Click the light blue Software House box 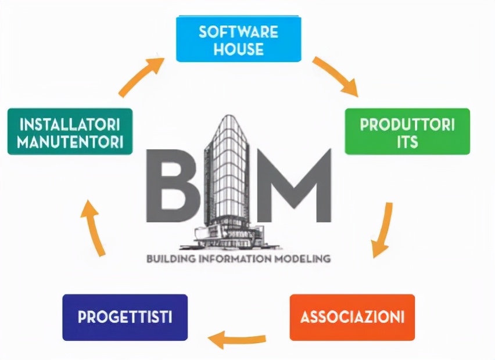[x=238, y=39]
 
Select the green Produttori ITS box [x=407, y=132]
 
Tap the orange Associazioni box [x=352, y=317]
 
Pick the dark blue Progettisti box [x=125, y=317]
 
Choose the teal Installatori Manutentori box [x=70, y=132]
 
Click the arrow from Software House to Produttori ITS [x=335, y=76]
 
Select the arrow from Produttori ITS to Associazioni [x=382, y=229]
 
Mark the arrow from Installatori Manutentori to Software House [x=141, y=75]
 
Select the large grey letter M [x=290, y=186]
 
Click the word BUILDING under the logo [x=169, y=258]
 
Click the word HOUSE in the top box [x=238, y=49]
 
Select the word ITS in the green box [x=407, y=141]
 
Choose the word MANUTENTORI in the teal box [x=70, y=141]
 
